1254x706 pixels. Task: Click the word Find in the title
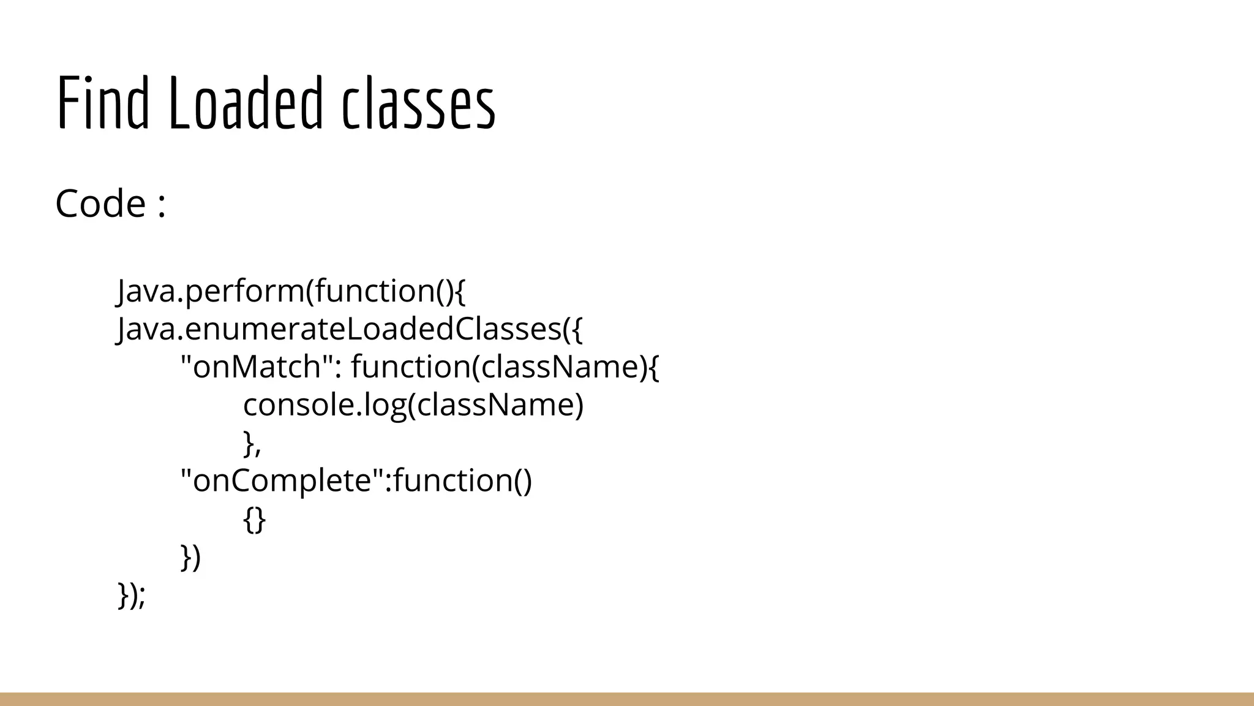click(x=103, y=103)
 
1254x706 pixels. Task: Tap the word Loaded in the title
click(x=245, y=103)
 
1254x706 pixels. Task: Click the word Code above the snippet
click(x=100, y=203)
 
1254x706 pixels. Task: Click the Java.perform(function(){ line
click(x=291, y=290)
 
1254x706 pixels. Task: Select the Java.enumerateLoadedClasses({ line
click(x=350, y=329)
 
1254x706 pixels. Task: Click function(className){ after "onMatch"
click(x=505, y=367)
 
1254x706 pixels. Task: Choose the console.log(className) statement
click(x=413, y=405)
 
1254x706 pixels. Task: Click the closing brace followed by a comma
click(x=252, y=444)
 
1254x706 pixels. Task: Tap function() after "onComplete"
click(x=463, y=480)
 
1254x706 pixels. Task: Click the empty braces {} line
click(x=254, y=520)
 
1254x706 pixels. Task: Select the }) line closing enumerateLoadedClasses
click(x=190, y=558)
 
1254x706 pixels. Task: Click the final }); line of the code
click(x=132, y=596)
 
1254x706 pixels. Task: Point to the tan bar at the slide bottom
click(x=627, y=699)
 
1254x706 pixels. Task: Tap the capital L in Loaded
click(x=179, y=103)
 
